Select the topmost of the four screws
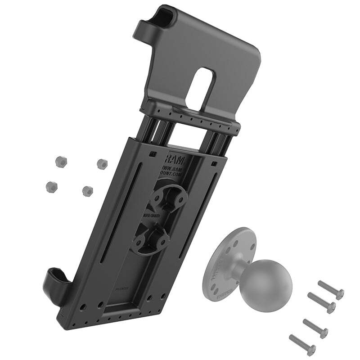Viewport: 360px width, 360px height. [x=331, y=288]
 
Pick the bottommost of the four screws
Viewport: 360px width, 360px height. [x=302, y=344]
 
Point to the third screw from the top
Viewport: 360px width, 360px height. [x=315, y=328]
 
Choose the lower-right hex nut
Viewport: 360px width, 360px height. [x=87, y=191]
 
